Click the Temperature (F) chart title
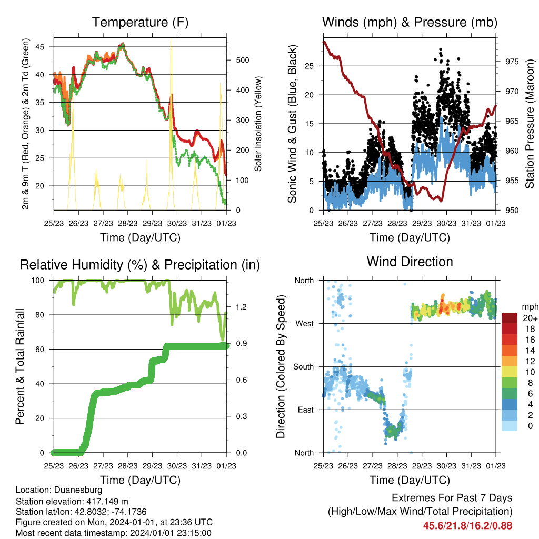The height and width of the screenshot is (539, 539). click(x=140, y=22)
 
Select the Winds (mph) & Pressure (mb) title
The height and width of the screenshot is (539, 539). click(x=410, y=22)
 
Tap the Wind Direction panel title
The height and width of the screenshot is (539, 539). click(x=410, y=262)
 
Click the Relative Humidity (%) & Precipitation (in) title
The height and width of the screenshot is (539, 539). click(x=140, y=265)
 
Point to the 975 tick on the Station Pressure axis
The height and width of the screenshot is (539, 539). click(x=512, y=62)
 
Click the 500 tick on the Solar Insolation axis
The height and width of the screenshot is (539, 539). click(x=242, y=60)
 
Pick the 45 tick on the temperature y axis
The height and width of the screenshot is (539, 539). click(x=39, y=47)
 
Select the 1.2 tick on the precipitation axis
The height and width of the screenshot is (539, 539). click(x=241, y=307)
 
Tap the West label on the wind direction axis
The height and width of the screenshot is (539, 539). click(x=305, y=324)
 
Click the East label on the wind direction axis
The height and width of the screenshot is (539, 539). click(x=306, y=410)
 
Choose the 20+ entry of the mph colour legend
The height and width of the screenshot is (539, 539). click(x=530, y=318)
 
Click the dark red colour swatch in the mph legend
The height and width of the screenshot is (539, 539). click(x=510, y=318)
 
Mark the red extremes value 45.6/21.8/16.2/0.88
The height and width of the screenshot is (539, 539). click(x=467, y=526)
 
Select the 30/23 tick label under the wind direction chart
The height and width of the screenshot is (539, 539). click(x=446, y=466)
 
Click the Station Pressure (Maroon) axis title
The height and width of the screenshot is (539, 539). click(x=530, y=124)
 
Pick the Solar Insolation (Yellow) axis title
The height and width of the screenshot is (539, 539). click(x=258, y=124)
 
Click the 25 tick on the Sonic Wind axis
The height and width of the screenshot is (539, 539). click(x=310, y=66)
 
